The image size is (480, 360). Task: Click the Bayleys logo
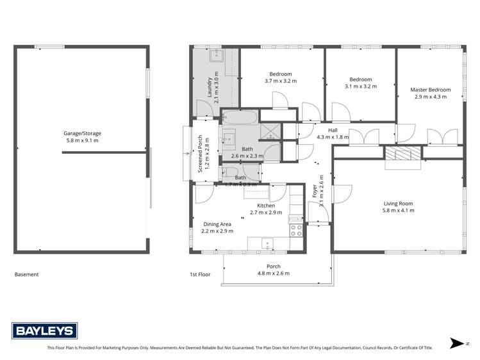point(45,331)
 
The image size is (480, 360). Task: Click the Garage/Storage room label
point(82,133)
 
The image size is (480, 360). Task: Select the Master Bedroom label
point(430,90)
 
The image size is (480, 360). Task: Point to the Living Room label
point(398,203)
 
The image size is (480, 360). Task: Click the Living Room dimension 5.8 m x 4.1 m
point(398,210)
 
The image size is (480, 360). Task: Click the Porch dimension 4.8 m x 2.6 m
point(273,274)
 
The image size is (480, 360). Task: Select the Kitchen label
point(266,206)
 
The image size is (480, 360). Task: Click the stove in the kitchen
point(296,227)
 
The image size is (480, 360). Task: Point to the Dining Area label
point(217,224)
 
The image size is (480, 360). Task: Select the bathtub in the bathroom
point(240,117)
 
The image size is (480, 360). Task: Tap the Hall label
point(333,129)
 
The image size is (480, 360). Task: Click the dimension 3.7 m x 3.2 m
point(281,81)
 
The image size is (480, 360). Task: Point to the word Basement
point(27,274)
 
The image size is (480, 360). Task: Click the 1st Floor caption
point(200,274)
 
